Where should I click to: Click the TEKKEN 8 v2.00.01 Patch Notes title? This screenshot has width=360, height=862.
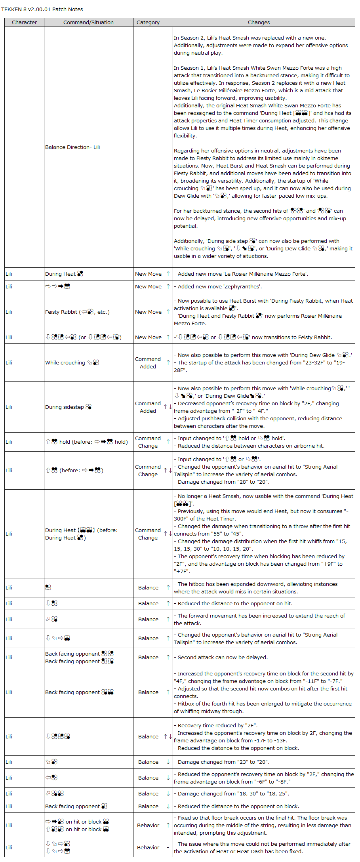(x=42, y=9)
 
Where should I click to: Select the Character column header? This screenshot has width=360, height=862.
(x=24, y=22)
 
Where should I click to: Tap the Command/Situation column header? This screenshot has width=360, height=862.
(x=88, y=22)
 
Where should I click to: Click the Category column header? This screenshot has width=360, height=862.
(x=148, y=22)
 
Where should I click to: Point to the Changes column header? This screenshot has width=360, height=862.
(x=259, y=22)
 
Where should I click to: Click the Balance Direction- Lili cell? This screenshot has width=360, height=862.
(x=72, y=147)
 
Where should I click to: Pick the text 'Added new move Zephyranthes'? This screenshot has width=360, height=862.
(x=220, y=286)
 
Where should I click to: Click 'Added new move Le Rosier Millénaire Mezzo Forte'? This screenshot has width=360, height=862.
(x=243, y=274)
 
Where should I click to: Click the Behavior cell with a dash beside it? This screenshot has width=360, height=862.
(x=148, y=847)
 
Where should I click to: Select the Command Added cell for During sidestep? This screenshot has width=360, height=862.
(x=148, y=407)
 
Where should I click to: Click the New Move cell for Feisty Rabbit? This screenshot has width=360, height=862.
(x=148, y=312)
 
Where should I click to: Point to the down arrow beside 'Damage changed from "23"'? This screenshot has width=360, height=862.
(x=168, y=762)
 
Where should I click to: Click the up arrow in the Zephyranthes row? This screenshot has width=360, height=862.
(x=168, y=286)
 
